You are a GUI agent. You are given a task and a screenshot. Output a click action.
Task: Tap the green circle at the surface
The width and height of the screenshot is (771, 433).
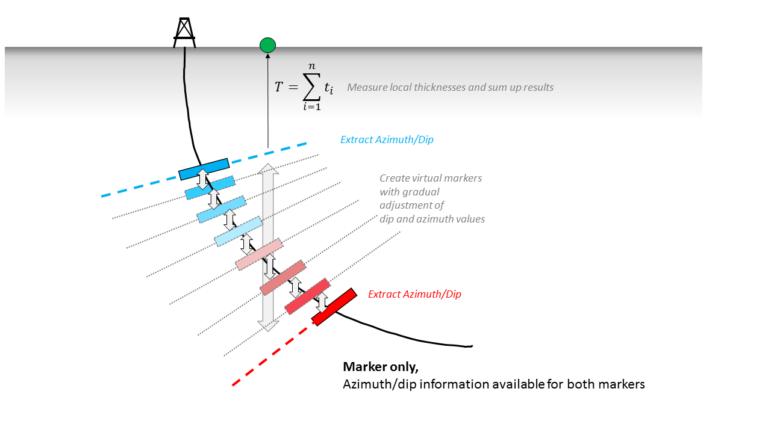coord(267,45)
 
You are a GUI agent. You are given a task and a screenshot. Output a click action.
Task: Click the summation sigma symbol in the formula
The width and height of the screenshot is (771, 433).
coord(311,87)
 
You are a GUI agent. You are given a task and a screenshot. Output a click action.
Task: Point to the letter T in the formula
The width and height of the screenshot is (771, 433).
coord(278,87)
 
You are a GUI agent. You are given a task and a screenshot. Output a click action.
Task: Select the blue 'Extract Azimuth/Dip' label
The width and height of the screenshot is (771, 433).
coord(387,140)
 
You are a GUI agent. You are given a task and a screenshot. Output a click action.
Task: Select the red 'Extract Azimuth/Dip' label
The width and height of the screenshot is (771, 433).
coord(414,294)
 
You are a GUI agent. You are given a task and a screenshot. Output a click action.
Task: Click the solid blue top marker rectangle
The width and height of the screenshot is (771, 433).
coord(204,169)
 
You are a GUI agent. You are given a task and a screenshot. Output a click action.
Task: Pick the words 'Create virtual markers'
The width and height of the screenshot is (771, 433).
coord(431,178)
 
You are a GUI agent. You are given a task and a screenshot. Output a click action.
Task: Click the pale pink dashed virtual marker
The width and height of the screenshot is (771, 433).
coord(259,254)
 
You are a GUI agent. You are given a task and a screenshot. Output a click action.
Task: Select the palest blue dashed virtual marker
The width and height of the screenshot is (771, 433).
coord(239,232)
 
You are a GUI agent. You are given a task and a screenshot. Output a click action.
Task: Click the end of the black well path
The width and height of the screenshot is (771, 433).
coord(472,346)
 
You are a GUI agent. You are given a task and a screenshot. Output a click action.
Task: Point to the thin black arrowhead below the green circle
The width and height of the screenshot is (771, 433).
coord(267,55)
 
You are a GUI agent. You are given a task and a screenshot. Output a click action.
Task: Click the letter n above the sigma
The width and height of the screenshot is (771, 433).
coord(311,67)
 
